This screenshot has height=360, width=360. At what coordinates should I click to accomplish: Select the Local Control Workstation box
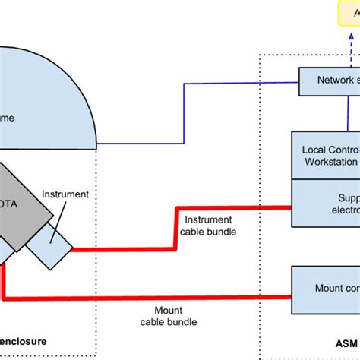[327, 155]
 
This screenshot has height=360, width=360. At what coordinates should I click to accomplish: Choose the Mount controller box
[327, 288]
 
